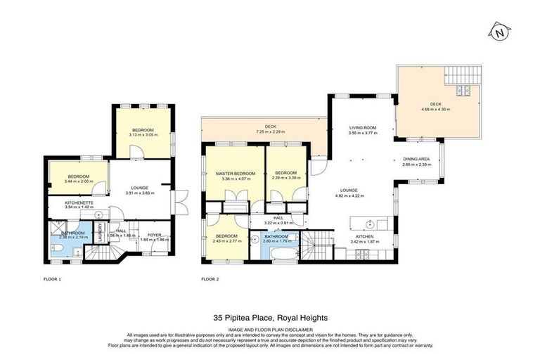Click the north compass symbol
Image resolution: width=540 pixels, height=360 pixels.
[x=499, y=32]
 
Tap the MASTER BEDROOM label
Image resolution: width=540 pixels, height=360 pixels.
[x=235, y=173]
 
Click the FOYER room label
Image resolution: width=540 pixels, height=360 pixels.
[x=153, y=235]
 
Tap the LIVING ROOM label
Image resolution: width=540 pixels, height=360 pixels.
[x=364, y=127]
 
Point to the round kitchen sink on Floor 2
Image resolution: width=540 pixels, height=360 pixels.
[x=378, y=225]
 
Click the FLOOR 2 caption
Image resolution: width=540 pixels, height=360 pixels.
[x=210, y=279]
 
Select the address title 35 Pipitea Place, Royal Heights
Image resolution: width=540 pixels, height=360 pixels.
[x=269, y=317]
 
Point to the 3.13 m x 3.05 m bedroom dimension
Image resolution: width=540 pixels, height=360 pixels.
[x=143, y=134]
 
